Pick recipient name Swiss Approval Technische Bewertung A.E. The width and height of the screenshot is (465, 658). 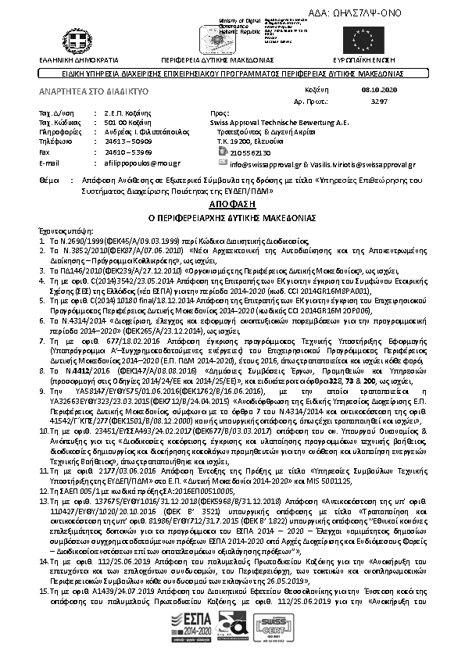point(279,123)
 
